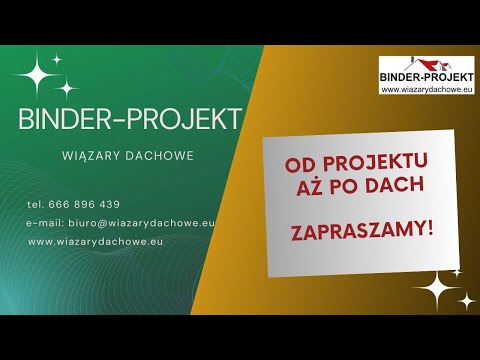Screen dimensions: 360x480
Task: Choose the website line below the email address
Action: coord(95,241)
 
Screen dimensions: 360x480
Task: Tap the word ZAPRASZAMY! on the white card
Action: coord(361,229)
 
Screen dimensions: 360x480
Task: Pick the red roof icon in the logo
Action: coord(400,62)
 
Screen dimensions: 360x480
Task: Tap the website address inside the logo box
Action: coord(427,89)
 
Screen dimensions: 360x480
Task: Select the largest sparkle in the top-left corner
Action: coord(41,75)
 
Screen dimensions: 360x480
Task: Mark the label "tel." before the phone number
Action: coord(35,204)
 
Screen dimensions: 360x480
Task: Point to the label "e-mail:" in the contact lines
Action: coord(44,223)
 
